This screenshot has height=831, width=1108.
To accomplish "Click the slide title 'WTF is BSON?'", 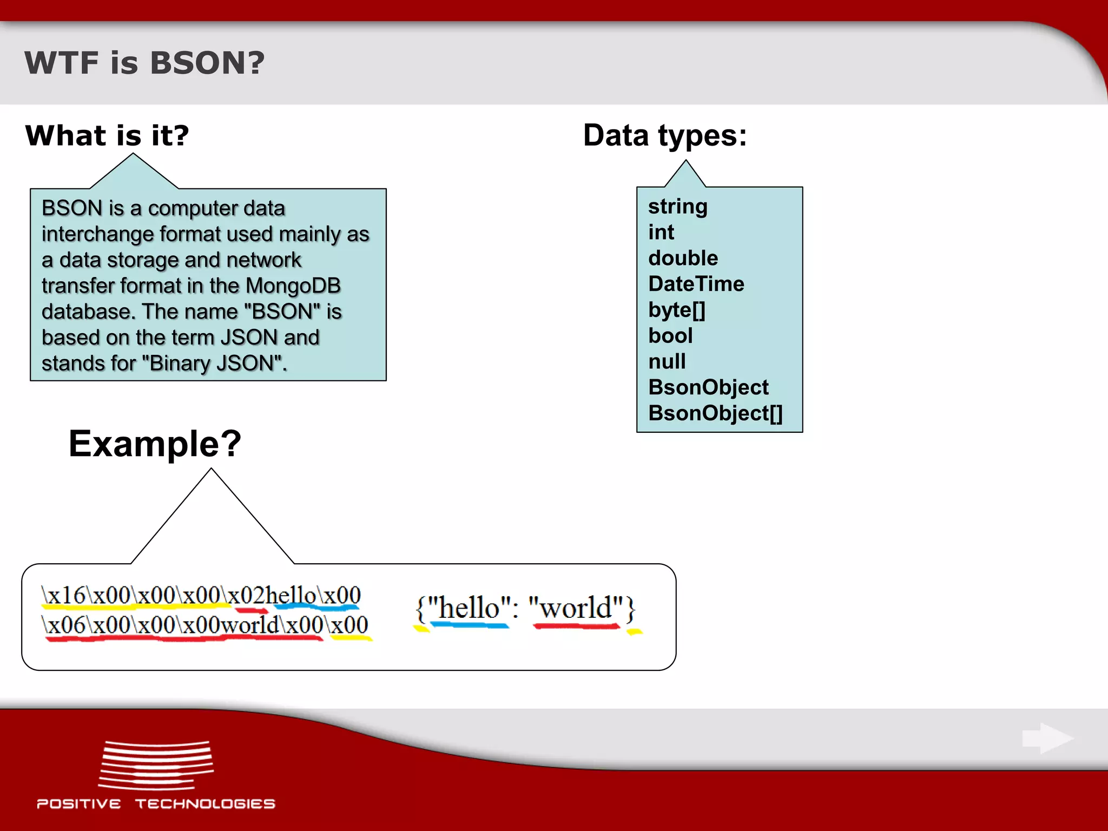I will pos(144,63).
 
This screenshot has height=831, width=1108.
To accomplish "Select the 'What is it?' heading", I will pos(107,135).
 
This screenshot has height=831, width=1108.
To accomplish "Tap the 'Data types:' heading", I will pos(665,135).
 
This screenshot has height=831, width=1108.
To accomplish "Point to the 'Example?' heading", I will pos(155,444).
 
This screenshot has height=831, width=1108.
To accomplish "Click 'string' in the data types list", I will pos(677,207).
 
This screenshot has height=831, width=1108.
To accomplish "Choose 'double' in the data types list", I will pos(683,258).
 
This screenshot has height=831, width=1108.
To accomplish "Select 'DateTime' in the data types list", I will pos(696,284).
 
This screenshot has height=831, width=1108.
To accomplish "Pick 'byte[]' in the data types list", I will pos(676,310).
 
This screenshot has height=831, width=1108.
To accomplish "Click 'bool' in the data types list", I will pos(670,336).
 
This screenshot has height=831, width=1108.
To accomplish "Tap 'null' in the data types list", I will pos(667,361).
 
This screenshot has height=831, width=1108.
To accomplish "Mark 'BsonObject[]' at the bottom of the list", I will pos(715,413).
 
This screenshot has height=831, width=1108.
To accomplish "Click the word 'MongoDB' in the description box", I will pos(293,286).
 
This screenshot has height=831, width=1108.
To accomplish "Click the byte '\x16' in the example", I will pos(64,596).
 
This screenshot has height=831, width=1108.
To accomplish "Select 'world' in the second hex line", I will pos(249,625).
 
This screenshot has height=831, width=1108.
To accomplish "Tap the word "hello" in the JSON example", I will pos(469,609).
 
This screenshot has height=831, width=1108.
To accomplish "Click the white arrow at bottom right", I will pos(1047,738).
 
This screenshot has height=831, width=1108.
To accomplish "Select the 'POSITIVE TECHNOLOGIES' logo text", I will pos(156,804).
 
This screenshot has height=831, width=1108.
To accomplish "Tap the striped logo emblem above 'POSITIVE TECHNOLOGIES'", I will pos(156,765).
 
